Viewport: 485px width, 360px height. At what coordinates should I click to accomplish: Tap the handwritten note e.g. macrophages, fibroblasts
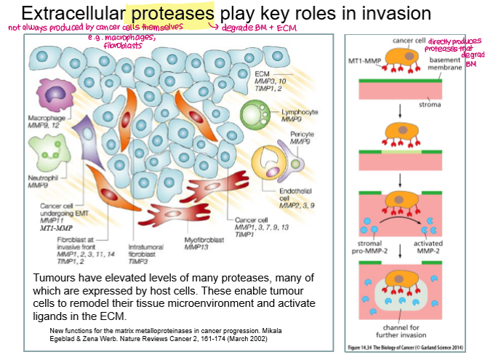tap(117, 41)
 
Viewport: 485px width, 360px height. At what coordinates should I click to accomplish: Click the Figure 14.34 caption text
tap(411, 348)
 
